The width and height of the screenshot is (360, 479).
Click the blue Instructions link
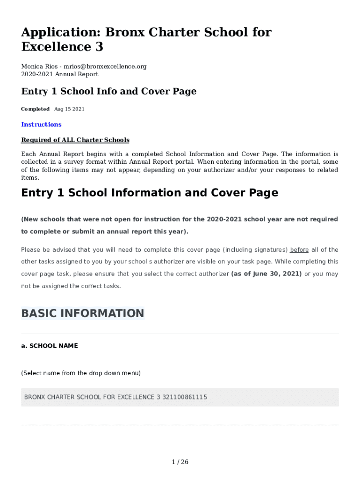point(41,124)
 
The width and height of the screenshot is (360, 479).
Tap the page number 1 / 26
point(180,462)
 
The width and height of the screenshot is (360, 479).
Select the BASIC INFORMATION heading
point(83,313)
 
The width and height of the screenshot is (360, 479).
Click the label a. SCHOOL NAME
point(50,346)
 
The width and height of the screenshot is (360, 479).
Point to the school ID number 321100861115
point(185,397)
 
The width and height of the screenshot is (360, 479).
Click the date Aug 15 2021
point(69,109)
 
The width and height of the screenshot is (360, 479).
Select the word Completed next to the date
point(35,109)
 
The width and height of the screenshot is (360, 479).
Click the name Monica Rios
point(39,66)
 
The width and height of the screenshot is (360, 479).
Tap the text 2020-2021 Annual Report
point(60,74)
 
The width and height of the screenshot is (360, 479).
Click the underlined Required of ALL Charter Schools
point(75,140)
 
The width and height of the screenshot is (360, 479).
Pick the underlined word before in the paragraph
point(299,250)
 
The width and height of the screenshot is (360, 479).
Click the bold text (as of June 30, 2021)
point(266,274)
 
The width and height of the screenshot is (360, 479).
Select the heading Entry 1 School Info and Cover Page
point(108,92)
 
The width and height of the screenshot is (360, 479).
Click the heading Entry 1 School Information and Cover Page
point(150,193)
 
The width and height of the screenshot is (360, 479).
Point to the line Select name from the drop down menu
point(81,373)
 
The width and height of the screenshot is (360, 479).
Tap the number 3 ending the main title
point(99,47)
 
